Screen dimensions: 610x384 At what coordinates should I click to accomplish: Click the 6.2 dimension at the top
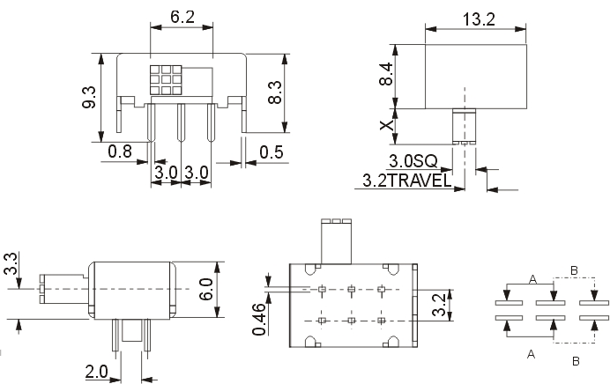[x=182, y=17]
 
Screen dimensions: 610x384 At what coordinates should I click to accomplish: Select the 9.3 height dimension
[x=89, y=98]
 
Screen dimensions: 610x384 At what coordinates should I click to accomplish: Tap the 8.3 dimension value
[x=275, y=92]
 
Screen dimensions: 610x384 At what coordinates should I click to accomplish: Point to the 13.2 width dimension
[x=479, y=19]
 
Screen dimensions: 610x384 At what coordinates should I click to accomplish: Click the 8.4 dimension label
[x=386, y=74]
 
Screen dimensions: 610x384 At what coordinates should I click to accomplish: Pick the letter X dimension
[x=387, y=125]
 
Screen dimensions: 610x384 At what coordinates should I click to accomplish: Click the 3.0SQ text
[x=413, y=160]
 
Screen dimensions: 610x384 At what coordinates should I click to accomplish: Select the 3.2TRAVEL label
[x=407, y=181]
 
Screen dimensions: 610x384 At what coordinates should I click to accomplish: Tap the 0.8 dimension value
[x=120, y=151]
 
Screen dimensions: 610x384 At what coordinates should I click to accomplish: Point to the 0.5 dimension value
[x=272, y=152]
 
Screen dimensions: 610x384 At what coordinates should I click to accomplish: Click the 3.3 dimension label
[x=11, y=263]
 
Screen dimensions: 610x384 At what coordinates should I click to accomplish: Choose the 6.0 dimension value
[x=205, y=289]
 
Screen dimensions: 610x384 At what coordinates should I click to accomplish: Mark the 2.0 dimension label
[x=96, y=372]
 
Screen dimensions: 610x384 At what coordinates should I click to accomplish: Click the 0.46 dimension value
[x=258, y=320]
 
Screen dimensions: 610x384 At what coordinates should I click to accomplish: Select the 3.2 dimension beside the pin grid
[x=438, y=305]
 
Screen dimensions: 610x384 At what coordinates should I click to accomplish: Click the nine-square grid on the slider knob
[x=166, y=80]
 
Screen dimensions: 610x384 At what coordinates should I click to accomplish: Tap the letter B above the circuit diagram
[x=574, y=270]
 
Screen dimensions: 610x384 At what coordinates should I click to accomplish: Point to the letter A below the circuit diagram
[x=531, y=354]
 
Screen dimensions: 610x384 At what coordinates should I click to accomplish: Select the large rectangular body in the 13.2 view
[x=476, y=77]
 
